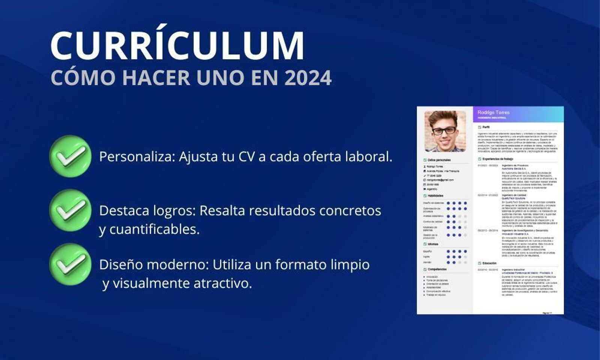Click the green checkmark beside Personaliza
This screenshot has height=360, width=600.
(70, 156)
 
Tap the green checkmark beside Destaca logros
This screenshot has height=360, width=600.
(70, 210)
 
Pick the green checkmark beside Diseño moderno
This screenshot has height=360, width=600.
(70, 264)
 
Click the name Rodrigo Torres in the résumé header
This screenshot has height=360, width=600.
(493, 112)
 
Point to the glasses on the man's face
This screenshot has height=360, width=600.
(444, 131)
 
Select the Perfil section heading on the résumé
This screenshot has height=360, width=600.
(486, 127)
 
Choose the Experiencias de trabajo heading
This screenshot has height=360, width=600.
(498, 159)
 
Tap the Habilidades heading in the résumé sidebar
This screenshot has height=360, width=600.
(435, 196)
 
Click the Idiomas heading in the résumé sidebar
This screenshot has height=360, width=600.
(433, 244)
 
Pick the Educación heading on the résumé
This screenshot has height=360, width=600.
(489, 263)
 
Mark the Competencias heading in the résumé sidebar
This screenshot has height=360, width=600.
(437, 269)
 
